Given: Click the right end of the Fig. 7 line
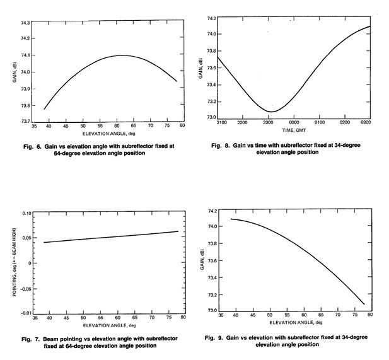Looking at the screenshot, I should (x=178, y=231).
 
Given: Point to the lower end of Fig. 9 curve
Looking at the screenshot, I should (x=364, y=304).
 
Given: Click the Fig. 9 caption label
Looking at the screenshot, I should (x=218, y=338).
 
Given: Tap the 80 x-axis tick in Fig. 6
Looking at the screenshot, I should (x=182, y=127).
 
